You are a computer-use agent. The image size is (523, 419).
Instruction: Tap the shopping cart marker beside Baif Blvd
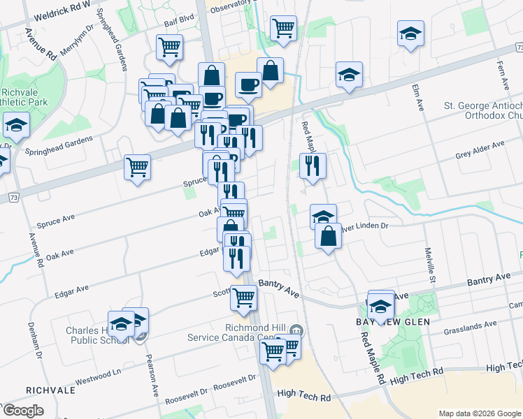(169, 48)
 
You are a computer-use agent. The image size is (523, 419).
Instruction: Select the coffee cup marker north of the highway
(248, 85)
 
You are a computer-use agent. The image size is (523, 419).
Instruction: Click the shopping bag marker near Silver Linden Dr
(328, 237)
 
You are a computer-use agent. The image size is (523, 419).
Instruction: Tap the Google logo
(22, 411)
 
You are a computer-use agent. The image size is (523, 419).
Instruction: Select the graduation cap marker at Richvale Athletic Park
(15, 126)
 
